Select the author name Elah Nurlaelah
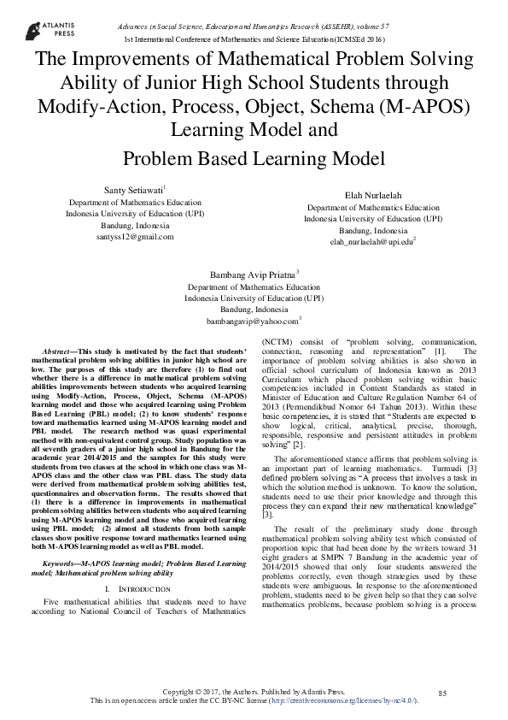(373, 195)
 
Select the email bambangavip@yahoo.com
(252, 322)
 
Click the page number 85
(442, 691)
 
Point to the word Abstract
(58, 351)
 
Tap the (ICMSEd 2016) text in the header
(362, 40)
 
